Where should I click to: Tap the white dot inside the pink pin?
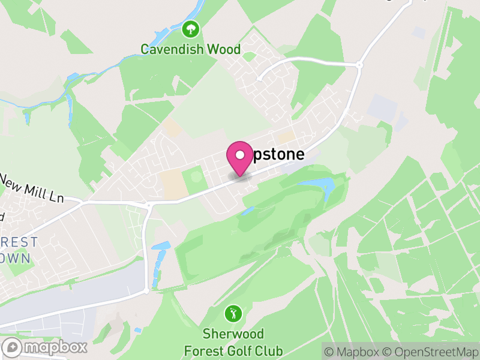pos(240,155)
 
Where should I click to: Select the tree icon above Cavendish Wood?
pos(191,28)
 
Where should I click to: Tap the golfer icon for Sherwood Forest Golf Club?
pos(233,313)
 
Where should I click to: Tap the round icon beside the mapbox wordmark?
pos(13,347)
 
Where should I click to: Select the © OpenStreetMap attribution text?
pos(433,351)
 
